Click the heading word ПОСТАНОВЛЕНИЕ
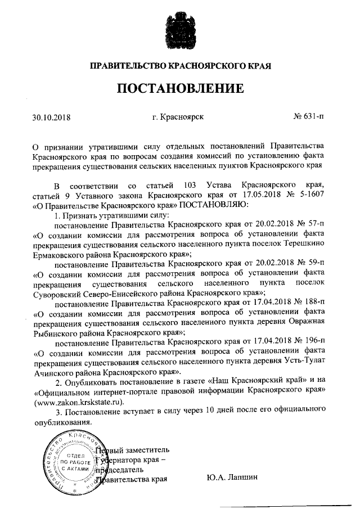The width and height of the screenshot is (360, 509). (180, 89)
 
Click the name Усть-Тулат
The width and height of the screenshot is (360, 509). (305, 362)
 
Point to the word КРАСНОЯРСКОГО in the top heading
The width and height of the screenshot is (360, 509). (206, 66)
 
